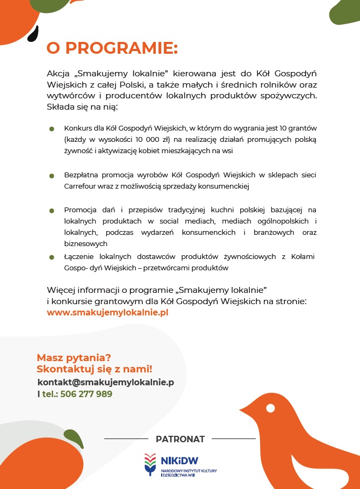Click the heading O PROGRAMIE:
coord(112,48)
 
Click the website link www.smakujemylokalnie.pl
coord(107,312)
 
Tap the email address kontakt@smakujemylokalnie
coord(105,382)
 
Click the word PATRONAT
coord(180,439)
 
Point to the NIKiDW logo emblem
coord(151,463)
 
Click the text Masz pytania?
coord(74,357)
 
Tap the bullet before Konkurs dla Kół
coord(52,129)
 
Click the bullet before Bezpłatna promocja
coord(52,175)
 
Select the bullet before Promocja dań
coord(52,210)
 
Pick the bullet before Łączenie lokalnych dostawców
coord(52,257)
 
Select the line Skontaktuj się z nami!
coord(95,369)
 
